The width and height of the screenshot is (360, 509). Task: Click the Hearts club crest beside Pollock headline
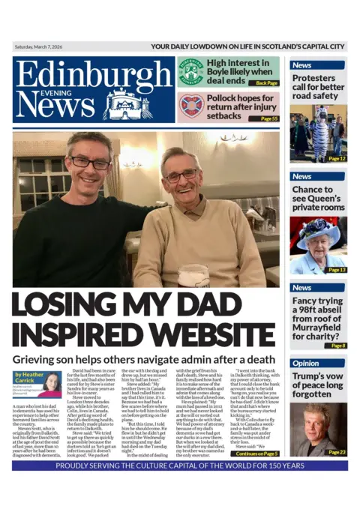click(x=190, y=106)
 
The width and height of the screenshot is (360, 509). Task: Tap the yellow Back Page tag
click(x=265, y=83)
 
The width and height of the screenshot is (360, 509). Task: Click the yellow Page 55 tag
click(x=268, y=118)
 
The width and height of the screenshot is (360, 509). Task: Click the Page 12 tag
click(x=336, y=159)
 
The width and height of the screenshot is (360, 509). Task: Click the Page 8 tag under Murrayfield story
click(x=337, y=345)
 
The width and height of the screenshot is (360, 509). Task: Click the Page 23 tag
click(x=336, y=452)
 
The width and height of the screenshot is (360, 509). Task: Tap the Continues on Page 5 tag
click(x=256, y=454)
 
